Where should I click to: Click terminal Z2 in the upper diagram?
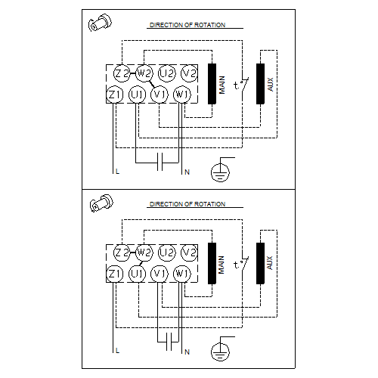(123, 73)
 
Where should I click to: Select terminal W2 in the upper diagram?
(145, 73)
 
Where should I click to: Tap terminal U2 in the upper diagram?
(168, 73)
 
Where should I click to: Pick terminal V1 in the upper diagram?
(159, 94)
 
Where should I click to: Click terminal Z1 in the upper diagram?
(115, 94)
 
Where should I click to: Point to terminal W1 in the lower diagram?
(181, 273)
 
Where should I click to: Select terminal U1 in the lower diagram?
(137, 273)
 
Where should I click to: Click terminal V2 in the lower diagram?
(190, 252)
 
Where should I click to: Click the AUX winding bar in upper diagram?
(260, 83)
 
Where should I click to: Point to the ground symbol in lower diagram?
(220, 349)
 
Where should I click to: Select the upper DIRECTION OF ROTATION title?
(187, 25)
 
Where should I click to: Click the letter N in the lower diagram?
(187, 352)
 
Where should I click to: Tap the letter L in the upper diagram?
(117, 172)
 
